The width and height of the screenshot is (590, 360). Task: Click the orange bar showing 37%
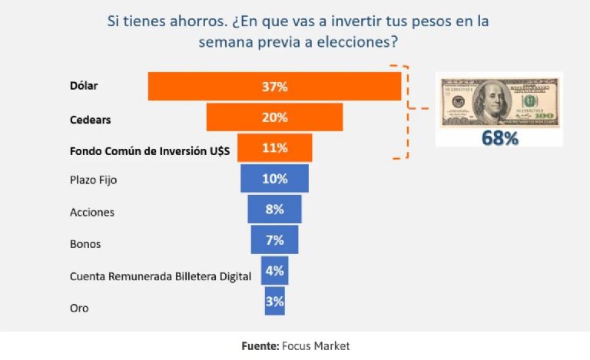tap(274, 87)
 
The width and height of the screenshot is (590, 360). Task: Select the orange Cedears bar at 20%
tap(274, 117)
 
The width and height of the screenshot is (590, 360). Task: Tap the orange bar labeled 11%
tap(274, 147)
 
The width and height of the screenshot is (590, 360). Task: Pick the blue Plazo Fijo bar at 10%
tap(274, 179)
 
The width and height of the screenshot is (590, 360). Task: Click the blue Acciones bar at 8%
tap(274, 209)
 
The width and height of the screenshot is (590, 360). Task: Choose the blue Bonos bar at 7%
tap(274, 239)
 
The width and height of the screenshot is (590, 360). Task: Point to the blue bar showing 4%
tap(274, 270)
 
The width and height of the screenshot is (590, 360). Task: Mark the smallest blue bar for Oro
tap(274, 301)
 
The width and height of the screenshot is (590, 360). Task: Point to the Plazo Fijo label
tap(92, 180)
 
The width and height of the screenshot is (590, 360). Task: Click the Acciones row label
tap(91, 212)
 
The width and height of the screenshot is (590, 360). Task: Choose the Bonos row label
tap(85, 244)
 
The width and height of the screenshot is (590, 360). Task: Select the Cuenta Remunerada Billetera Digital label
tap(160, 276)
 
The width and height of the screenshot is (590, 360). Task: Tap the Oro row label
tap(79, 308)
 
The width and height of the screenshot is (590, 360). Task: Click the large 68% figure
tap(499, 138)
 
